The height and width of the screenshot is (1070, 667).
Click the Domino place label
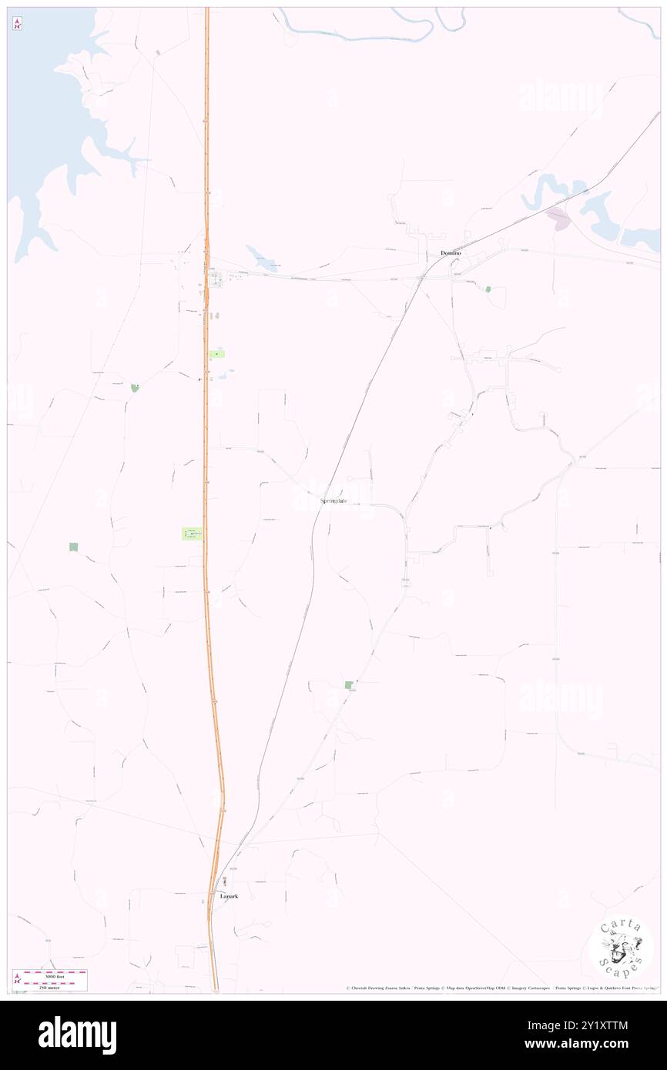[451, 253]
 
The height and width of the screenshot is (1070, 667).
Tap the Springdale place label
[333, 501]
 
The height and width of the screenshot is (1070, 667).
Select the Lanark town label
[229, 896]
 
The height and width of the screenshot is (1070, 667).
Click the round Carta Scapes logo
[621, 948]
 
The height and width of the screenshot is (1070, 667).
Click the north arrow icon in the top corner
[17, 24]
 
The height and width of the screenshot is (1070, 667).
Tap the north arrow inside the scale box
[18, 980]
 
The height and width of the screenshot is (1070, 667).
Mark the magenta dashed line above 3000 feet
[54, 972]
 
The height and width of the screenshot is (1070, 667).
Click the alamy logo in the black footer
[77, 1035]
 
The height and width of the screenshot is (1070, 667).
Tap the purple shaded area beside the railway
[558, 219]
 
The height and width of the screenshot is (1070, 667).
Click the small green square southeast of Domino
[488, 289]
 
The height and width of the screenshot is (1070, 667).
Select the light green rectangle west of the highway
[192, 533]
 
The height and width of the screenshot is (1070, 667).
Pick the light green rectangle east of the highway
[217, 353]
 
